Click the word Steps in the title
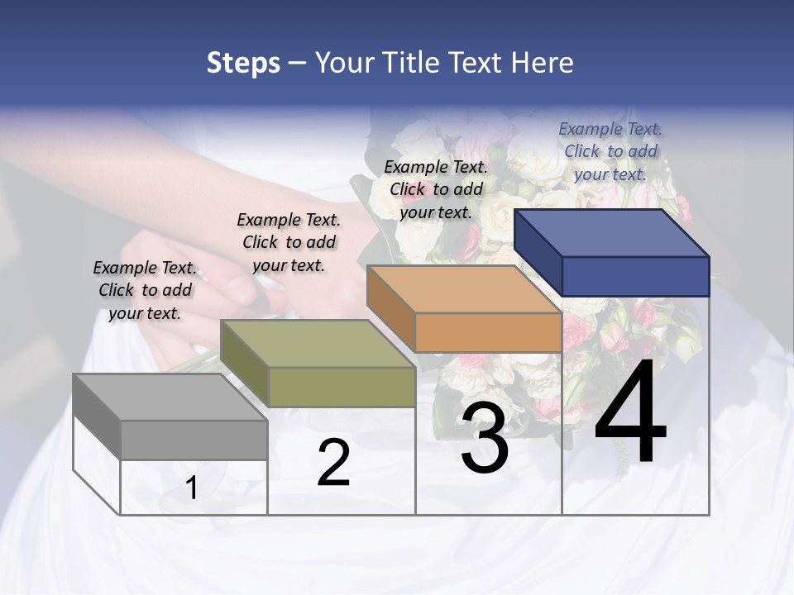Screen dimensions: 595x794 243,63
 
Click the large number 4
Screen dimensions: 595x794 630,415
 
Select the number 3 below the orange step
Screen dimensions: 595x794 485,439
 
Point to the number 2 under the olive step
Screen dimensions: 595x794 333,464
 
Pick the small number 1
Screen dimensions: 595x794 192,488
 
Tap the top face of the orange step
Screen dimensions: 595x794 463,289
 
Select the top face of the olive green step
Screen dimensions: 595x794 317,344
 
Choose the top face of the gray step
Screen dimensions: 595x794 170,397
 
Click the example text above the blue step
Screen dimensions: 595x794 610,151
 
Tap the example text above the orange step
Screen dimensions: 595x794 436,189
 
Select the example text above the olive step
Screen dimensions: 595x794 289,242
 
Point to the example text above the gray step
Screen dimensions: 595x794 145,290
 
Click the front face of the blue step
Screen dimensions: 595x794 635,276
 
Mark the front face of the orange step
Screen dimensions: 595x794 488,332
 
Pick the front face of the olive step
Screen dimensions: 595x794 342,387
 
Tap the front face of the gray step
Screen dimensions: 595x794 194,440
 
